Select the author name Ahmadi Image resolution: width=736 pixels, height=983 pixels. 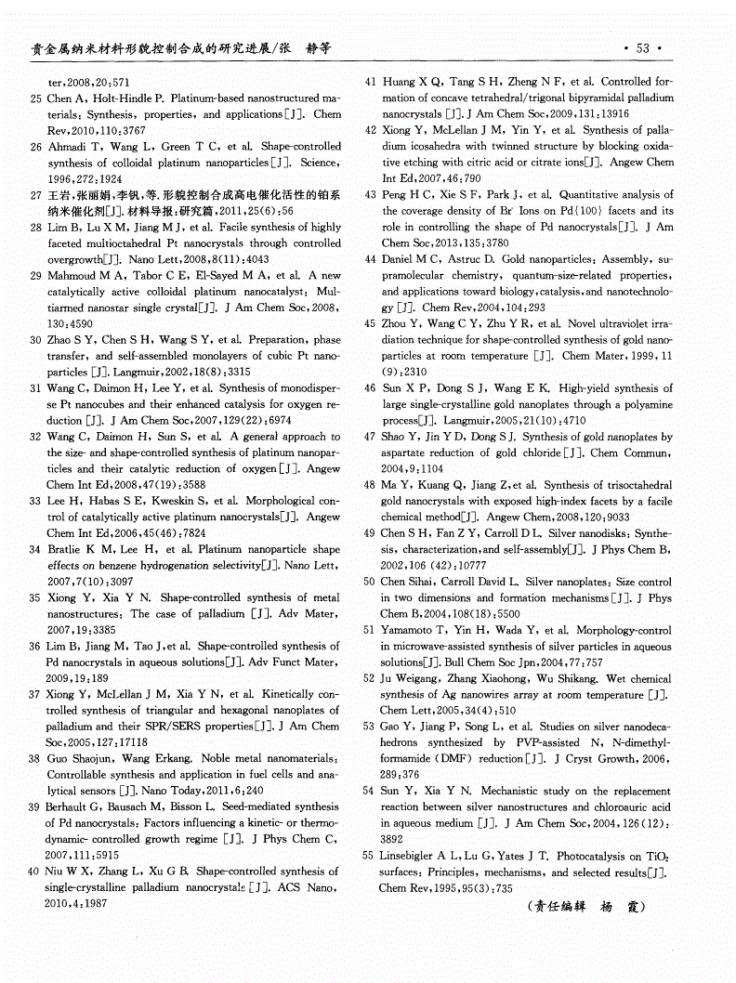coord(66,147)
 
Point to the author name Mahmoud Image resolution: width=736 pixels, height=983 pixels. coord(72,276)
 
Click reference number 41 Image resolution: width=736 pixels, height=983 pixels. coord(370,82)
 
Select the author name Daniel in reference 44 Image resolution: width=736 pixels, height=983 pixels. coord(400,259)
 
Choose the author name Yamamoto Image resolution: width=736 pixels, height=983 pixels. coord(412,630)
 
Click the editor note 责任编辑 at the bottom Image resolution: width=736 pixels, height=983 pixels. coord(555,907)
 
